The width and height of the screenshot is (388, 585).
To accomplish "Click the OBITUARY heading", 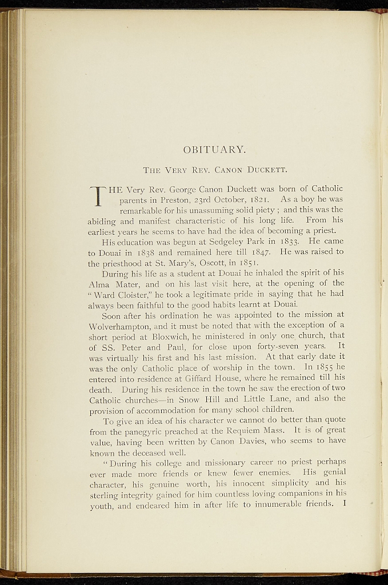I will point(214,150).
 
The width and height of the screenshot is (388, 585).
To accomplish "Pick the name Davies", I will point(243,441).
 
